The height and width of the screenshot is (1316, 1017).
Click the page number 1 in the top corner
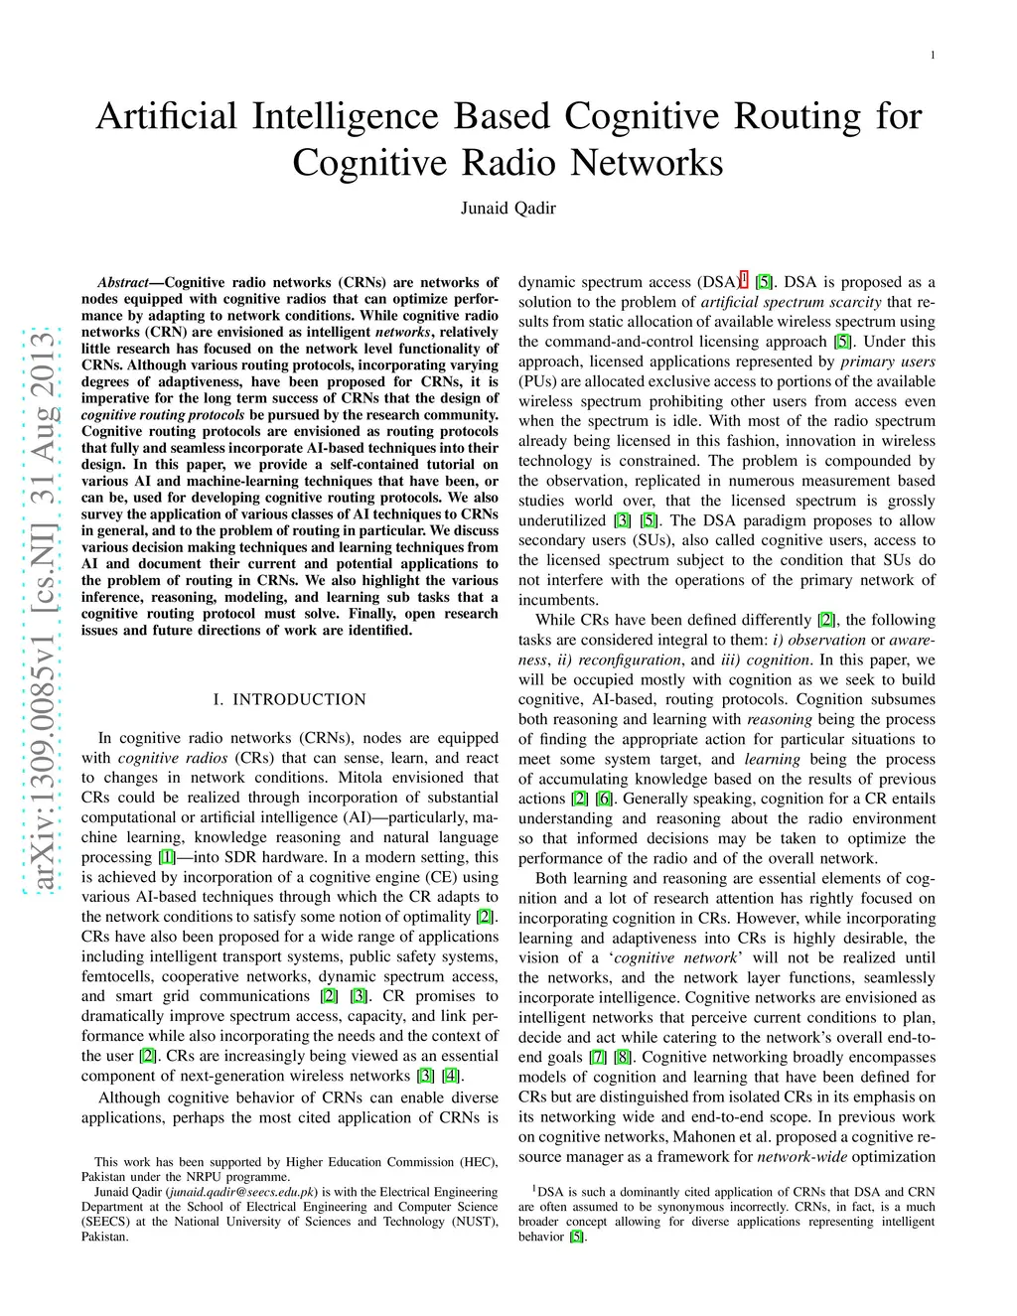933,56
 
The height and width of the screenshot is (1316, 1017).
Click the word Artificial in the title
166,115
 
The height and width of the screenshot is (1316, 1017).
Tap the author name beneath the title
508,208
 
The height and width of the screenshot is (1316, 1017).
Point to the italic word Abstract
123,283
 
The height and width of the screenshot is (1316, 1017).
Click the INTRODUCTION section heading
299,699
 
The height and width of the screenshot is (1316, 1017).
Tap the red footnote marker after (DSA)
745,279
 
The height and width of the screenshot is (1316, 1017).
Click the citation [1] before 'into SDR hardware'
166,857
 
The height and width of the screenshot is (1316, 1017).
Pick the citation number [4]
450,1077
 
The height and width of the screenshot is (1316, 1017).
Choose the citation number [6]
604,799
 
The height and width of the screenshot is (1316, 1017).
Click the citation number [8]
623,1058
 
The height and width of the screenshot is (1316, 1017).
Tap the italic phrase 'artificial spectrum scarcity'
791,302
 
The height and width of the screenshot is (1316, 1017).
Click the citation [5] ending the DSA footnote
577,1238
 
